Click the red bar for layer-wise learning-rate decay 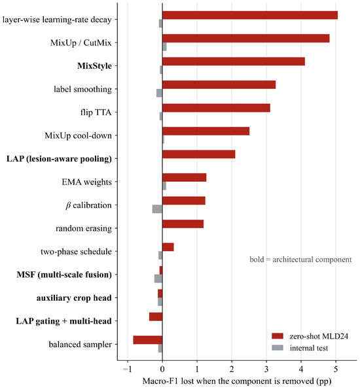[250, 16]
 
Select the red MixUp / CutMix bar [246, 39]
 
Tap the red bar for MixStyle [234, 61]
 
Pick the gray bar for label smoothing [160, 93]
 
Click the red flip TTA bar [216, 108]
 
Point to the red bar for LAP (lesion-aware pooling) [199, 154]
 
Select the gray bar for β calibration [157, 209]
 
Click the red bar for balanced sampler [148, 340]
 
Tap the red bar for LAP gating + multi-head [156, 317]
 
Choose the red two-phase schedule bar [168, 247]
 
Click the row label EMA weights [86, 182]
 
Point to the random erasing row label [84, 228]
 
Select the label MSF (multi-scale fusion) [64, 275]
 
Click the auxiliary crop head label [74, 298]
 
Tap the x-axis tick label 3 [266, 369]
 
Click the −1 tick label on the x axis [126, 369]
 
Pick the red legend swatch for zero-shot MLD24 [278, 336]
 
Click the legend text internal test [309, 348]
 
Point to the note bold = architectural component [300, 260]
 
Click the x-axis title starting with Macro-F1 [237, 381]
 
